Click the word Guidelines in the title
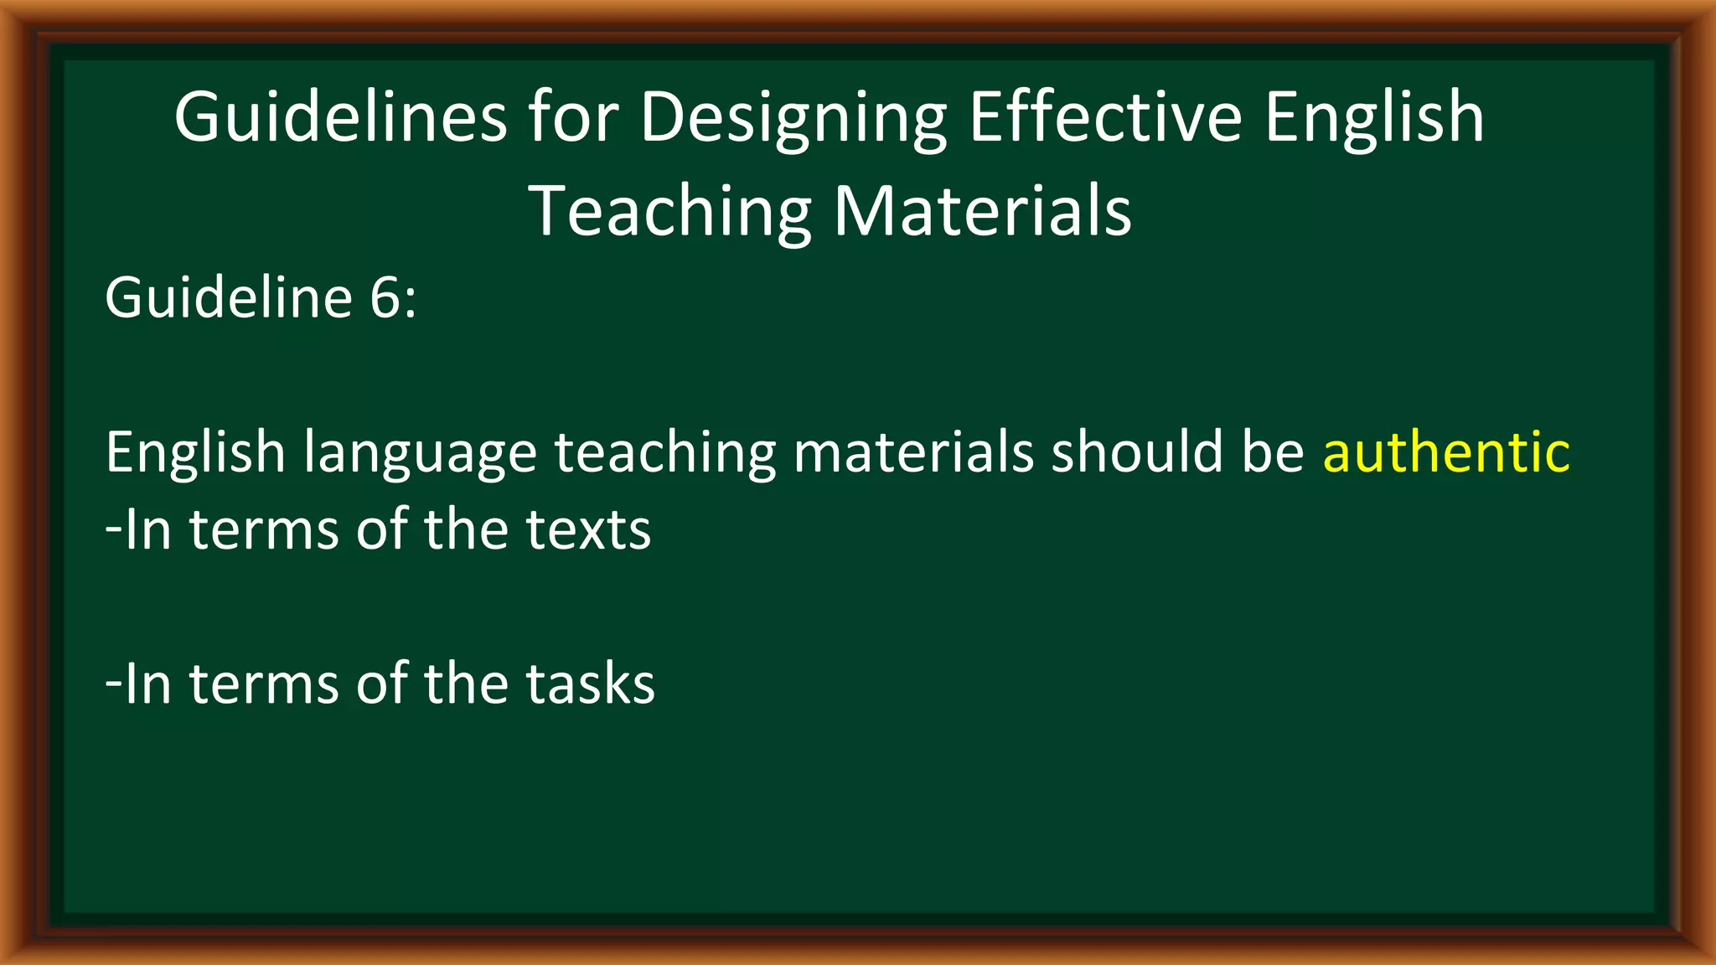point(340,117)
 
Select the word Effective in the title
point(1105,117)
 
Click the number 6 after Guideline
point(386,298)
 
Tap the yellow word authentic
point(1446,452)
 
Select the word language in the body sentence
point(419,452)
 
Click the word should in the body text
point(1137,452)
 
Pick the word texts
point(588,529)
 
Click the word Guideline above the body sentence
point(228,298)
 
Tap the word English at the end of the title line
point(1374,117)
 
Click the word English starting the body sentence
point(195,452)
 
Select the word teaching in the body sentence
point(665,452)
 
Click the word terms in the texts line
point(263,529)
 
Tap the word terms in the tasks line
point(263,684)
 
